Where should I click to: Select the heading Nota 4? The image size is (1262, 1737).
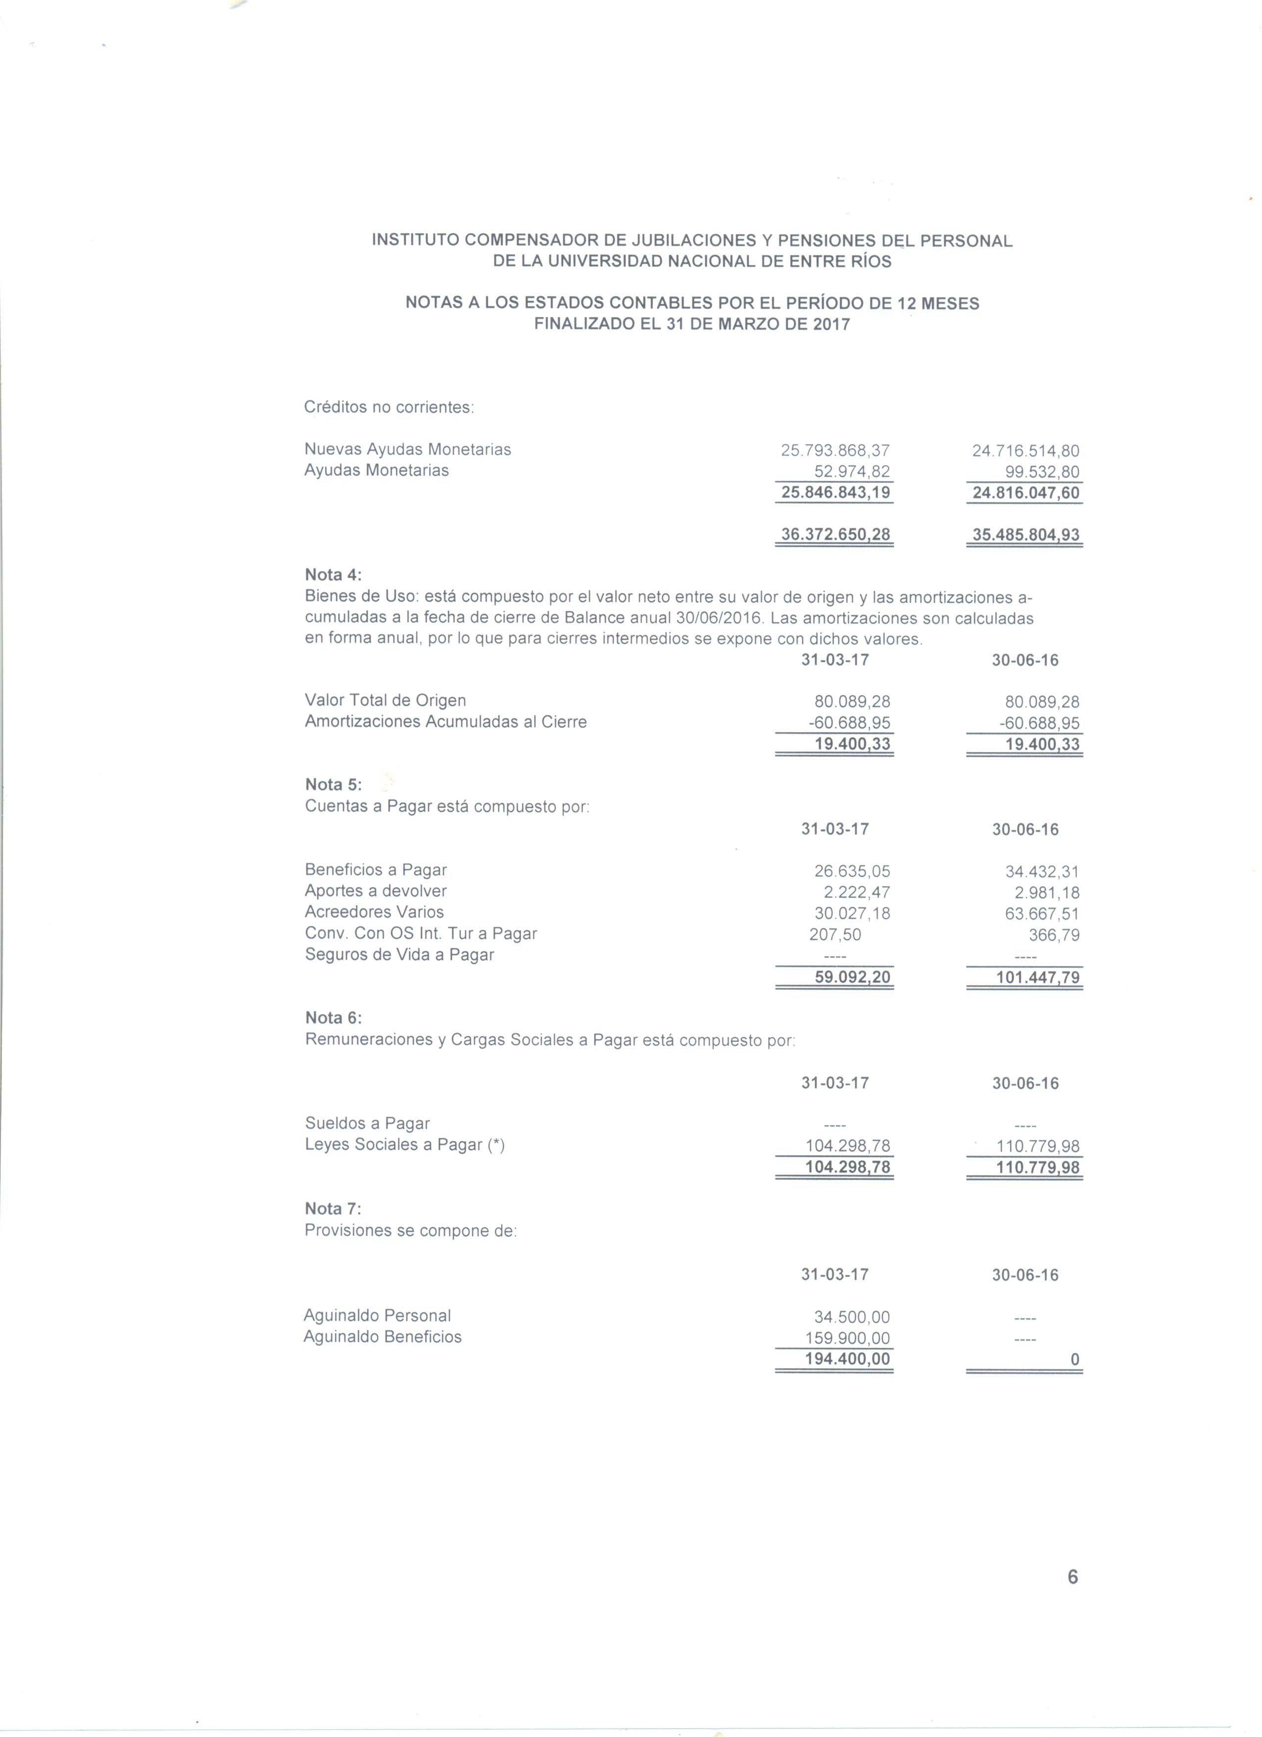[333, 575]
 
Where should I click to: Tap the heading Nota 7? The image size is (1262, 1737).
[333, 1208]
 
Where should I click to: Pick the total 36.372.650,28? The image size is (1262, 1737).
[835, 534]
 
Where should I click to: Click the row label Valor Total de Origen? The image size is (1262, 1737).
[385, 701]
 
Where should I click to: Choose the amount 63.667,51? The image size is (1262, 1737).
[1042, 914]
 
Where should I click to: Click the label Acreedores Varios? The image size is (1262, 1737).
[374, 912]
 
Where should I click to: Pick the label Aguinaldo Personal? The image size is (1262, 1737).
[377, 1316]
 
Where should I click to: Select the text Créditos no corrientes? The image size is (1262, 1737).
[389, 407]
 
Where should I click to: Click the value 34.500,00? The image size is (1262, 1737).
[852, 1317]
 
